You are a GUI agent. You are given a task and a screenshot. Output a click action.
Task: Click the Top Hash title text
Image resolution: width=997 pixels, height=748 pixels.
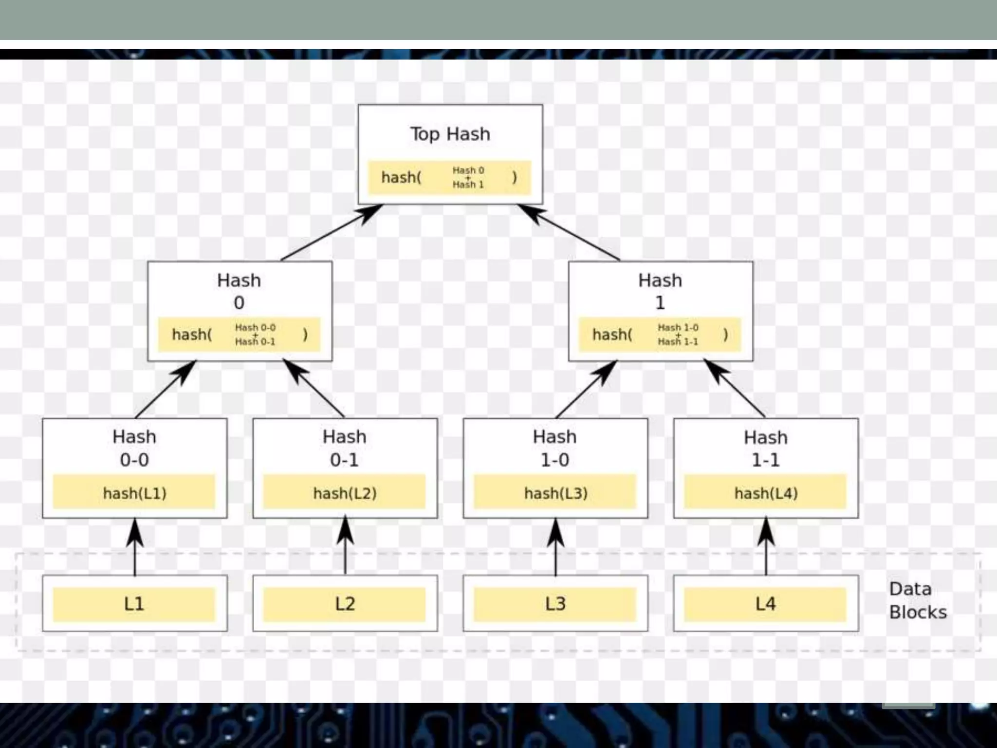click(450, 134)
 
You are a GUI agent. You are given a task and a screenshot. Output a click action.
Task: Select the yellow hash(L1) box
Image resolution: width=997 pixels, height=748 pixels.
click(134, 492)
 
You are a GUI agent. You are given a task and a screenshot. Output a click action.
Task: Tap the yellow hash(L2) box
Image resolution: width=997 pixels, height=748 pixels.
click(344, 492)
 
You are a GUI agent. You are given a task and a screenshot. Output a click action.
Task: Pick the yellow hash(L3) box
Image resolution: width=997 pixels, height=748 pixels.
click(555, 492)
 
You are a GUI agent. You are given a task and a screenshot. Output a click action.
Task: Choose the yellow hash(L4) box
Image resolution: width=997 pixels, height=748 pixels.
click(765, 492)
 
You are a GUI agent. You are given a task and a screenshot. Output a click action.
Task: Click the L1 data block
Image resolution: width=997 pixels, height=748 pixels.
click(134, 604)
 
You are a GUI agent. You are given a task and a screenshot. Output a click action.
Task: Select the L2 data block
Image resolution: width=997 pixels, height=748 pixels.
click(344, 604)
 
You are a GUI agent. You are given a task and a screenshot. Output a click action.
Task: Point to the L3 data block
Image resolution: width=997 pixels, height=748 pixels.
click(555, 604)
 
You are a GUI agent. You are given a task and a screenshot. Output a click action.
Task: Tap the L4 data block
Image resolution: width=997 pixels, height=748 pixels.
click(765, 604)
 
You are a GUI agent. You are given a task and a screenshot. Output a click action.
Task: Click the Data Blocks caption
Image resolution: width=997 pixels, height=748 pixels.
click(917, 600)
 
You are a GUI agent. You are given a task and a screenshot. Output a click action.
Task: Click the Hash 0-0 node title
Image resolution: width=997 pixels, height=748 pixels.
click(134, 448)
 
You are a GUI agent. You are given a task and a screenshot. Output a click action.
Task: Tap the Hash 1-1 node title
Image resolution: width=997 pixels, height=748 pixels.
click(765, 449)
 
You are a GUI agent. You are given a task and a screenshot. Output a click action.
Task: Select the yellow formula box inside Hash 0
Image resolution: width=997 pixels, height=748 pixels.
click(239, 335)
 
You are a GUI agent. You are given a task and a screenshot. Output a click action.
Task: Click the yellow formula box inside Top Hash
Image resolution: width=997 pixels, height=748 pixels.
click(449, 177)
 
